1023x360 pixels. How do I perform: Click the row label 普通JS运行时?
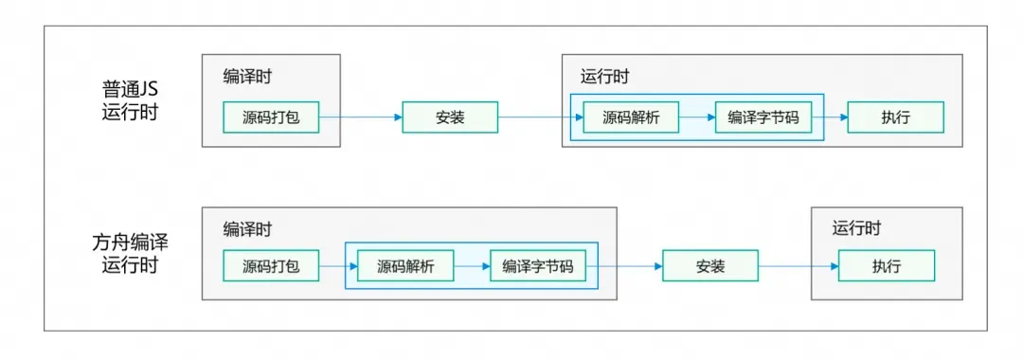[x=131, y=101]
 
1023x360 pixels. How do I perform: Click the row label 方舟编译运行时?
[x=131, y=253]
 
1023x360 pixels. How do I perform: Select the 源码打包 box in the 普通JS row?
[x=270, y=117]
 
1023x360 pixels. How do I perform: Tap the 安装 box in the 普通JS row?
[x=450, y=117]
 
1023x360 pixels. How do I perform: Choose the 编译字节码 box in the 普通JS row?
[x=763, y=117]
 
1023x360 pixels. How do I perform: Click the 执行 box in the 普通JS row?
[x=895, y=117]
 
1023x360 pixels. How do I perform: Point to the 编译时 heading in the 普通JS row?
[x=248, y=77]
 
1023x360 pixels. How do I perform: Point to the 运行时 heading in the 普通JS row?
[x=604, y=77]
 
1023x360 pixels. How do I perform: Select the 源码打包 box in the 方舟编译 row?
[x=270, y=267]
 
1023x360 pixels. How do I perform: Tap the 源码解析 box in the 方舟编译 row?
[x=405, y=267]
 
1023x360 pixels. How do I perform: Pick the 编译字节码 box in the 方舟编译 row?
[x=537, y=267]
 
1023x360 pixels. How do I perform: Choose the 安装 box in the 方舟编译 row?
[x=710, y=267]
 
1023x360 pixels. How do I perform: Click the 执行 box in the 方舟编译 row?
[x=886, y=267]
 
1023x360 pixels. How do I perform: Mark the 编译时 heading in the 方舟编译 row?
[x=248, y=228]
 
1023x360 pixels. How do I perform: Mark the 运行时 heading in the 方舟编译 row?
[x=856, y=228]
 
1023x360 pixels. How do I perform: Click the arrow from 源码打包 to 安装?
[x=360, y=117]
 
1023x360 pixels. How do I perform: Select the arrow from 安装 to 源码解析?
[x=536, y=117]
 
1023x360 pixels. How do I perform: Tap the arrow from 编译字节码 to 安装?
[x=623, y=267]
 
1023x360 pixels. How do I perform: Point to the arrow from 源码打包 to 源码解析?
[x=337, y=267]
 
